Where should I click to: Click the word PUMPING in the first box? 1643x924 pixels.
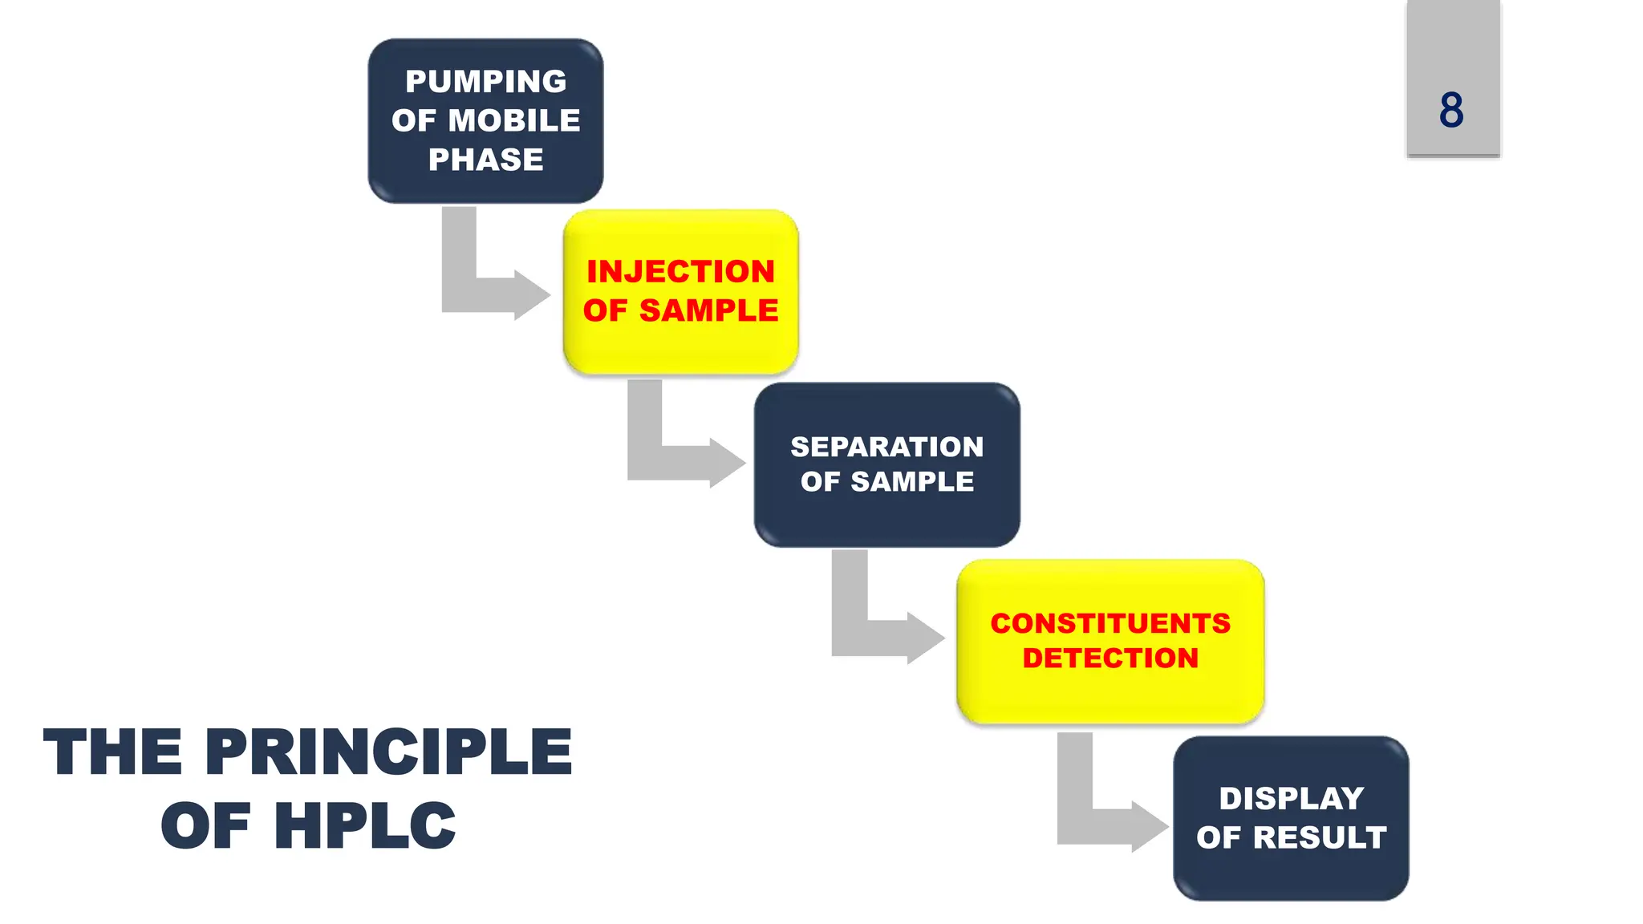tap(485, 82)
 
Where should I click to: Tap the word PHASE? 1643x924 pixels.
tap(485, 160)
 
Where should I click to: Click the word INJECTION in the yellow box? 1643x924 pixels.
tap(680, 272)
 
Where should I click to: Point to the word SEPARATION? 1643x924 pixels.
tap(886, 447)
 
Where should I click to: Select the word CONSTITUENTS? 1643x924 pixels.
tap(1110, 623)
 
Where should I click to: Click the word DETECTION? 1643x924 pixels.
tap(1110, 659)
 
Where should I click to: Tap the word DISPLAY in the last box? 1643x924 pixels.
tap(1291, 799)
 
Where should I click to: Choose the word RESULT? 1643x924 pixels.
tap(1320, 838)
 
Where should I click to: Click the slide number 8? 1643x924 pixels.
tap(1451, 110)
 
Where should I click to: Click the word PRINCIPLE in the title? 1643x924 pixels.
tap(388, 752)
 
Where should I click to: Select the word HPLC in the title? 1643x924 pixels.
tap(365, 826)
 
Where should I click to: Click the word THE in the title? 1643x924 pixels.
tap(112, 752)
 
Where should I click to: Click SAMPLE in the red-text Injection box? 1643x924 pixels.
tap(708, 311)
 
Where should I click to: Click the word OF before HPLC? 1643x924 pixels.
tap(205, 826)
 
